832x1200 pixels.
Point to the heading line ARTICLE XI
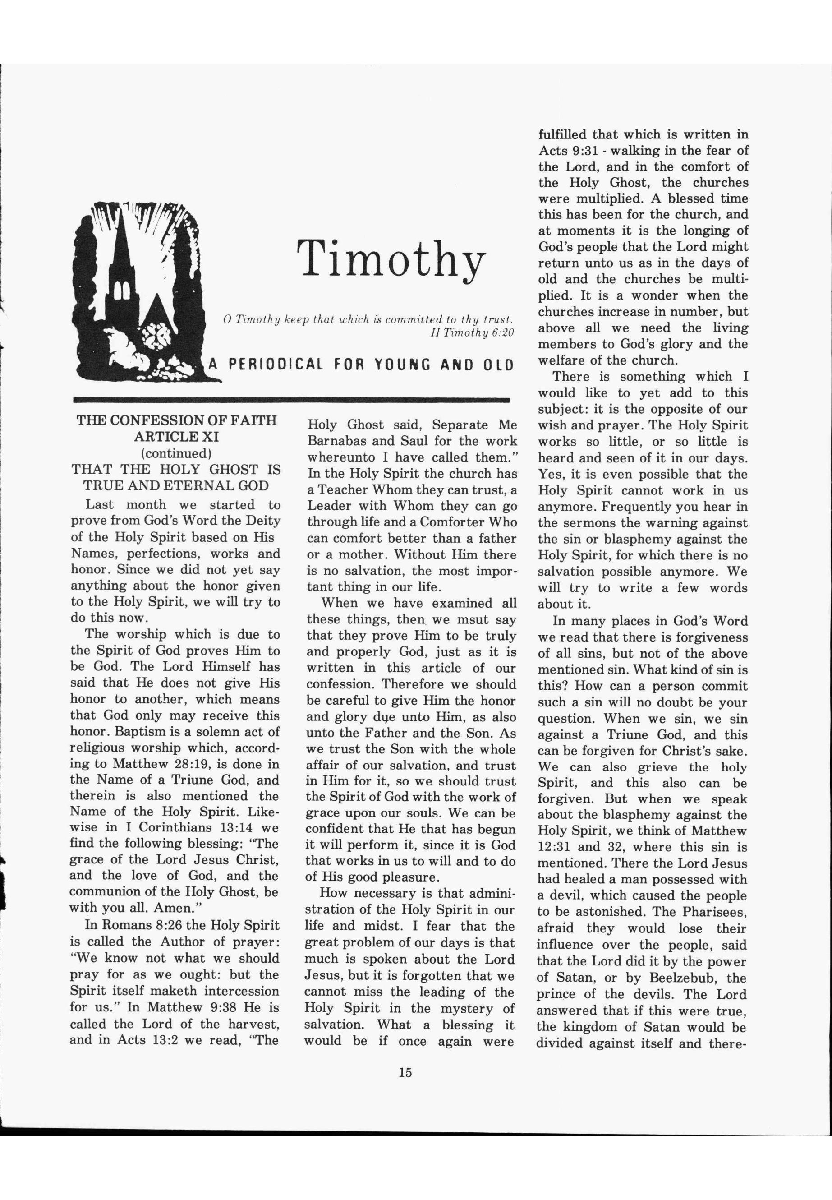coord(176,437)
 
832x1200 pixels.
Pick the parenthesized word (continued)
coord(176,452)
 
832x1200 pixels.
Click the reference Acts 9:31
coord(564,151)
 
